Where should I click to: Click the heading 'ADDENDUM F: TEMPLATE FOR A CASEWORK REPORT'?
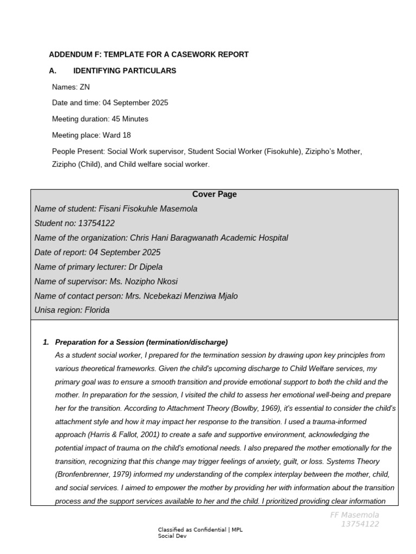tap(149, 55)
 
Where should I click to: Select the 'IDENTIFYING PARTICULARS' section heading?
tap(125, 71)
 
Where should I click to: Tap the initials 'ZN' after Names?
tap(85, 87)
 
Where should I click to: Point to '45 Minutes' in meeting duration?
tap(130, 119)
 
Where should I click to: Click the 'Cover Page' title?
tap(214, 194)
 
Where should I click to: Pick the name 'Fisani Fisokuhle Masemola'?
tap(148, 209)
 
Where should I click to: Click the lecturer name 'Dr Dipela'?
tap(145, 267)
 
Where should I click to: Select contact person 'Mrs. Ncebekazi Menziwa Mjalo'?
tap(181, 296)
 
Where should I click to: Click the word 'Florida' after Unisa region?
tap(97, 311)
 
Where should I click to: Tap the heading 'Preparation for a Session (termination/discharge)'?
tap(141, 342)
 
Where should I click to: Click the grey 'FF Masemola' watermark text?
tap(355, 515)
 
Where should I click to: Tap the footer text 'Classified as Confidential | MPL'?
tap(200, 530)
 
